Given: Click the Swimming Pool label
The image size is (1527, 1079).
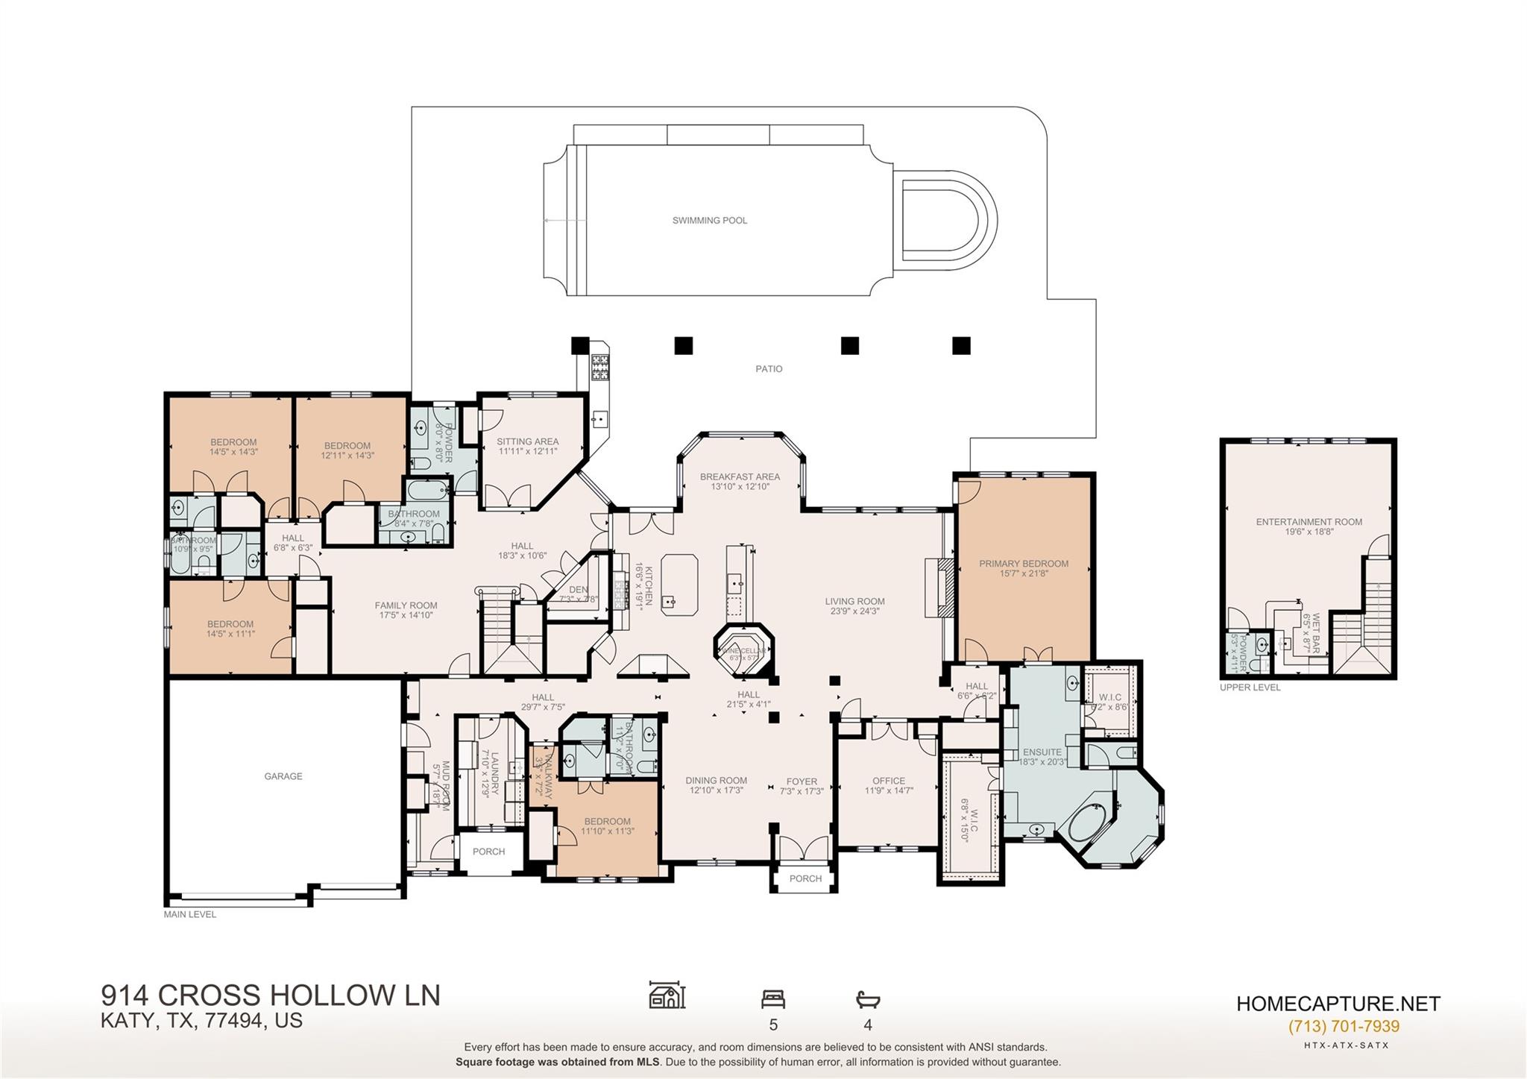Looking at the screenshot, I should coord(709,221).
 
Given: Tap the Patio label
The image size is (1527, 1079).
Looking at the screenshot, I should coord(769,369).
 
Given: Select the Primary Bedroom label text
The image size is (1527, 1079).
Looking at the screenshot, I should coord(1023,564).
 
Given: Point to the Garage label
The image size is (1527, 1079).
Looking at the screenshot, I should coord(283,776).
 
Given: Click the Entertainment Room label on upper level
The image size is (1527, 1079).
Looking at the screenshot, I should coord(1309,522).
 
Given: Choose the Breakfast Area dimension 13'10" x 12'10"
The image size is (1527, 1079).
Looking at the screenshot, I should coord(740,487).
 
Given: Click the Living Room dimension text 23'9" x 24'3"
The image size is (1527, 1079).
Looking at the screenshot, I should coord(854,611).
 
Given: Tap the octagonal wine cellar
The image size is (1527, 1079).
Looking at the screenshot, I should coord(743,652).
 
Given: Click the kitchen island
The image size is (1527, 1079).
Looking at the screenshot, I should coord(679,584).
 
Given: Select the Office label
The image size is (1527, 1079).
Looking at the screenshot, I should coord(889,781).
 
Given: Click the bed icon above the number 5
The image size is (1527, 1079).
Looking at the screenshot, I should coord(772,999).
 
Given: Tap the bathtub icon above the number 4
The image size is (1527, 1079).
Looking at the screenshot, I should coord(868,999).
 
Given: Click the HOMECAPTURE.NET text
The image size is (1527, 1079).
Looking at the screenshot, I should coord(1338,1004).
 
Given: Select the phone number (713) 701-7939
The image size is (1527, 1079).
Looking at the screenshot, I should coord(1344,1027).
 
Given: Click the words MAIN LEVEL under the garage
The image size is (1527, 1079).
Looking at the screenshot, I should coord(190,914).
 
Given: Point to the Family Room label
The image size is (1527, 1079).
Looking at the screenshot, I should coord(406,605).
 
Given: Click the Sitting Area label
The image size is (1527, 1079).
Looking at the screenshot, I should coord(527,441).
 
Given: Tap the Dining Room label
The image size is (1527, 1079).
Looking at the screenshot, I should coord(716,781).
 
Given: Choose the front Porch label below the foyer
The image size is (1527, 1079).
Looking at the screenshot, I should coord(805,878).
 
